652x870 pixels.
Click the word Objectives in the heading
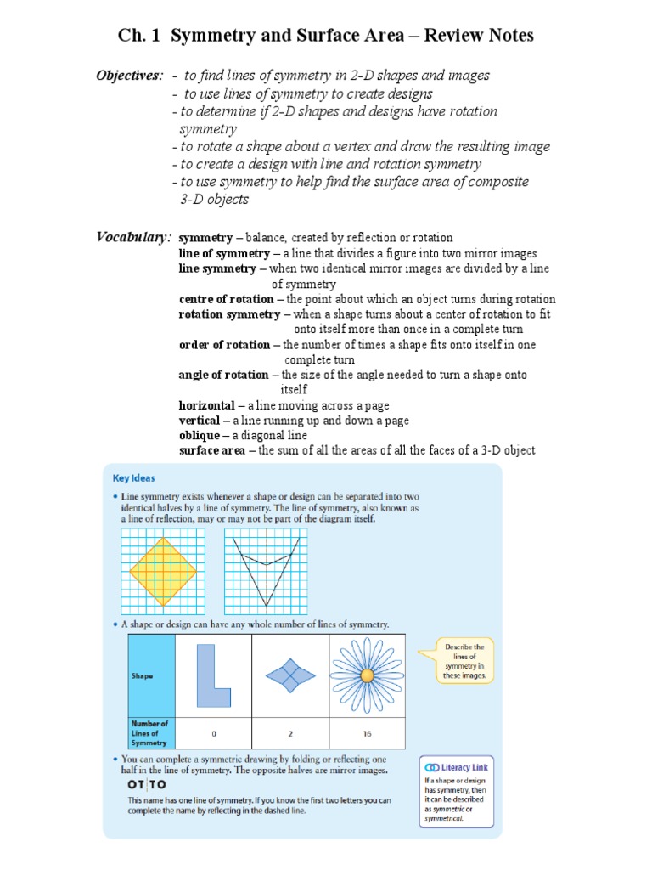128,76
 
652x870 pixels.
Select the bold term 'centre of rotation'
226,299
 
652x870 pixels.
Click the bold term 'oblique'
199,435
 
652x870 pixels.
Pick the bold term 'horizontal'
206,406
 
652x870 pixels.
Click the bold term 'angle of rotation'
223,375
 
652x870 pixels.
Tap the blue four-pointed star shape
290,676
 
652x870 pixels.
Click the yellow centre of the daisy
367,676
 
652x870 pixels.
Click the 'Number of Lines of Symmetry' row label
149,732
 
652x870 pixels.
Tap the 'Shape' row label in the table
142,676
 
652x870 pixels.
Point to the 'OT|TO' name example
147,784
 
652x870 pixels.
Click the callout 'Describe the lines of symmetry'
465,660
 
